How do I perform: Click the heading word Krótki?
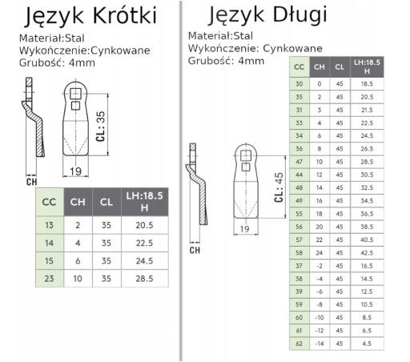click(124, 16)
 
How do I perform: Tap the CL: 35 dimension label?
click(101, 127)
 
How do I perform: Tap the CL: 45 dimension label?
click(279, 187)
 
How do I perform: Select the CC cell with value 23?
click(50, 279)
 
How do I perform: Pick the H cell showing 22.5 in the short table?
click(144, 243)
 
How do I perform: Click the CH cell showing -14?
click(320, 344)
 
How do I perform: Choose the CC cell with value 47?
click(299, 162)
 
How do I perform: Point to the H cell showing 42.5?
click(367, 253)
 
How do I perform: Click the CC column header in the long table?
click(299, 66)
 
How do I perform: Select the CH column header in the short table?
click(78, 202)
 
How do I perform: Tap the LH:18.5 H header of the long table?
click(367, 66)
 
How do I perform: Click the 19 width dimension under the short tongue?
click(75, 171)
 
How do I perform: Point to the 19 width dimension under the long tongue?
click(245, 229)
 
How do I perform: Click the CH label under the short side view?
click(31, 182)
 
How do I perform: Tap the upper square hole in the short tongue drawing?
click(75, 94)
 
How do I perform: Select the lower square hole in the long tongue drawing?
click(246, 167)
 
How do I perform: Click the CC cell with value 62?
click(299, 344)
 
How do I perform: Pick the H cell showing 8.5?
click(367, 318)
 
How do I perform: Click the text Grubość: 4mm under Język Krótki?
click(57, 63)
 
